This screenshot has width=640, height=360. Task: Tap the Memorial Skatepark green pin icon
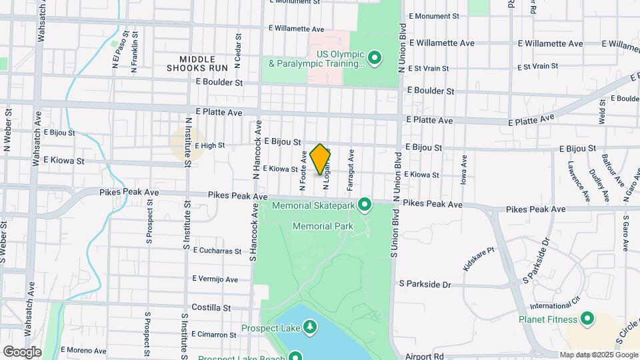pyautogui.click(x=365, y=204)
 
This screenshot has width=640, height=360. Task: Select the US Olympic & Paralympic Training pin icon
pyautogui.click(x=375, y=58)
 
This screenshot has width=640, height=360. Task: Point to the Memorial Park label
pyautogui.click(x=323, y=227)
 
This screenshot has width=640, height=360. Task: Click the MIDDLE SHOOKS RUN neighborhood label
pyautogui.click(x=197, y=63)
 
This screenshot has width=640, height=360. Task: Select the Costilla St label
pyautogui.click(x=210, y=307)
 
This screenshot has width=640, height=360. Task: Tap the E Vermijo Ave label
pyautogui.click(x=215, y=279)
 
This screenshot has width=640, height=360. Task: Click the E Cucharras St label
pyautogui.click(x=217, y=251)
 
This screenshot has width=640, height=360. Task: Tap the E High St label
pyautogui.click(x=209, y=145)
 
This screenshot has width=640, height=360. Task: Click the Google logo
pyautogui.click(x=23, y=351)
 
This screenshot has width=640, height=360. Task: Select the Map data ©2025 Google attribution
pyautogui.click(x=598, y=355)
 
